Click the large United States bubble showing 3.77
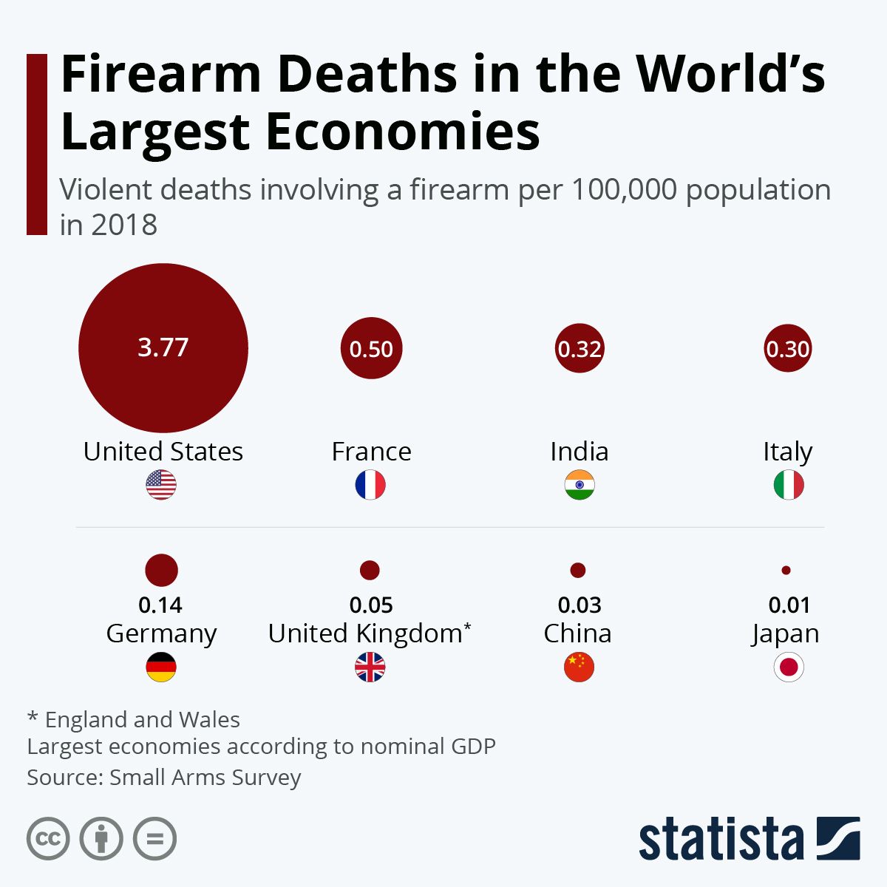(x=163, y=348)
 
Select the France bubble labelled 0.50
(x=371, y=348)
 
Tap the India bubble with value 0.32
(x=580, y=348)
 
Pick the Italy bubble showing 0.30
(x=788, y=348)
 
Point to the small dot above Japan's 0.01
(x=786, y=571)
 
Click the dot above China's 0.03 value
(x=578, y=571)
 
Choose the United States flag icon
(x=161, y=485)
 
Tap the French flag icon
(x=370, y=485)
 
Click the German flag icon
(x=161, y=667)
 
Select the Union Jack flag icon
(x=370, y=667)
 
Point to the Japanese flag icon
(x=789, y=667)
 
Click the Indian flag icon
(x=580, y=485)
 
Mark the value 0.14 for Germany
(x=160, y=605)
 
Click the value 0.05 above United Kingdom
(x=371, y=605)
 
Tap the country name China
(x=577, y=633)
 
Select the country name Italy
(x=788, y=452)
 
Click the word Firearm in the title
(x=161, y=74)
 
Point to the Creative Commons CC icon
(x=48, y=839)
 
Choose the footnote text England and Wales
(x=142, y=719)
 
